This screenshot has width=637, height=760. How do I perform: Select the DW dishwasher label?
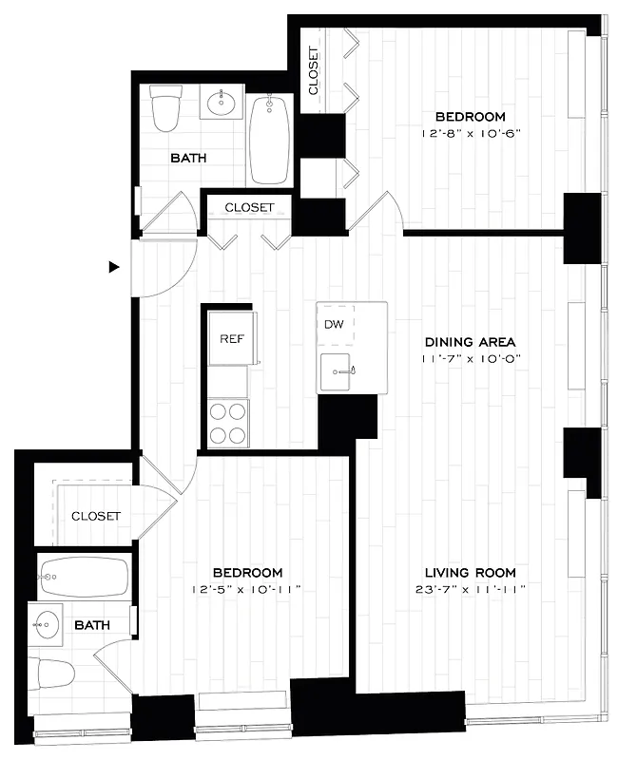click(x=333, y=325)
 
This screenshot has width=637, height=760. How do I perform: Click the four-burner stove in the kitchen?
click(x=228, y=423)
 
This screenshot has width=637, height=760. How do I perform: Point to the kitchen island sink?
click(x=338, y=370)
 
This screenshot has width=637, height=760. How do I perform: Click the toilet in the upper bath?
click(x=165, y=108)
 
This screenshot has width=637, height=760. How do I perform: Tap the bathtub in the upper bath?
click(x=270, y=141)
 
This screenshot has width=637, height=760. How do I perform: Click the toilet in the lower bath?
click(x=52, y=674)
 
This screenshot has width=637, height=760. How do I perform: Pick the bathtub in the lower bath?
click(x=84, y=575)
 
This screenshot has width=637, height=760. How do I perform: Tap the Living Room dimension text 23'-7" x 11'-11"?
click(x=470, y=589)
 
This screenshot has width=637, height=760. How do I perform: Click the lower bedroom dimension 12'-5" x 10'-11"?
click(x=247, y=589)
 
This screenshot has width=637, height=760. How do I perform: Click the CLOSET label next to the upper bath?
click(x=249, y=207)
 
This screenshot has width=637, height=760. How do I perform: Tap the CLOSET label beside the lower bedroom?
click(x=96, y=516)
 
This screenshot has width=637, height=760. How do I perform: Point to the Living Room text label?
click(x=470, y=572)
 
